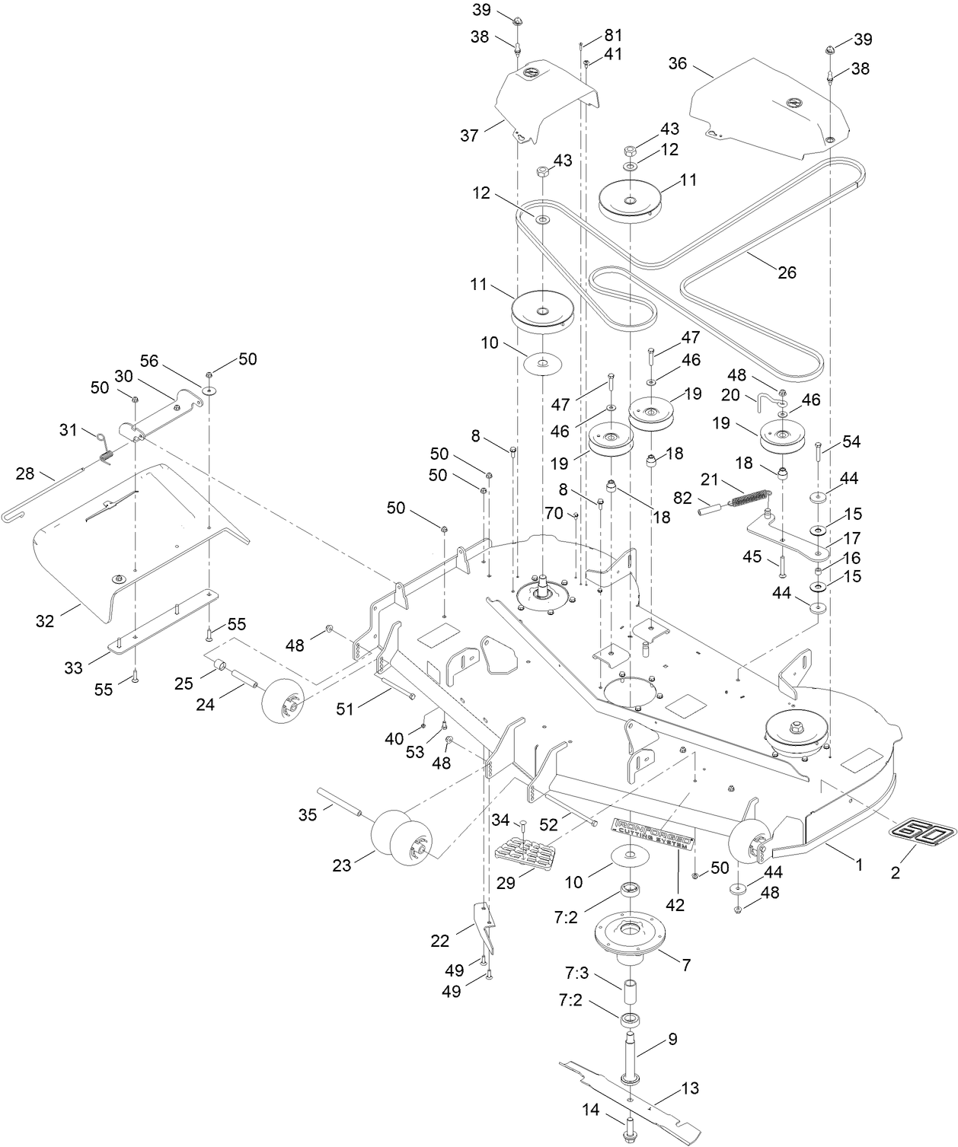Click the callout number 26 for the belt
point(787,272)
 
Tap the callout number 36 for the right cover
point(678,63)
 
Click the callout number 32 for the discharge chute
point(45,620)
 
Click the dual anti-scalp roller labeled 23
point(398,838)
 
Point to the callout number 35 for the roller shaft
point(308,814)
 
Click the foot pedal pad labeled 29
point(522,849)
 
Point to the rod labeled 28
point(46,495)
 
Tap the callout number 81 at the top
point(613,35)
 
